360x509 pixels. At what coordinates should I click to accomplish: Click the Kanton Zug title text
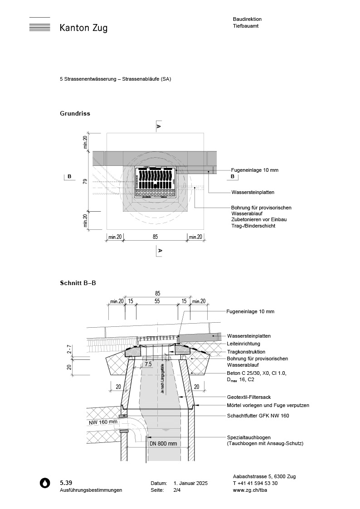point(83,28)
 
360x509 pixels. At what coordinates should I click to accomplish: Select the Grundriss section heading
point(75,113)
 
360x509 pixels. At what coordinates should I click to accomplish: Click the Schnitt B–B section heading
point(78,283)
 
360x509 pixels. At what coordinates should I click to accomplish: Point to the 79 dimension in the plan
point(85,182)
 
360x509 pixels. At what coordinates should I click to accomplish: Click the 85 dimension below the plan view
point(155,237)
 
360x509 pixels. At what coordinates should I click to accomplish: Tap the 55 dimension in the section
point(157,301)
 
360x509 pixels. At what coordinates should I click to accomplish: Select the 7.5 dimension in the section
point(148,364)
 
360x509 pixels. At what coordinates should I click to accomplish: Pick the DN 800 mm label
point(163,444)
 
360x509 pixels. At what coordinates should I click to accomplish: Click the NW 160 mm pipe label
point(103,422)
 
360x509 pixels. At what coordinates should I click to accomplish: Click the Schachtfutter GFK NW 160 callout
point(258,416)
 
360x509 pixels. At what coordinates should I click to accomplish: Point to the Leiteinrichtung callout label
point(243,344)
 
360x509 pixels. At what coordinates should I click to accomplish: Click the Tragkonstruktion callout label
point(246,352)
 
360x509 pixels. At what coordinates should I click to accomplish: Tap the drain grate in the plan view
point(155,183)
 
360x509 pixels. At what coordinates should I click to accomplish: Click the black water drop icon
point(44,483)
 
